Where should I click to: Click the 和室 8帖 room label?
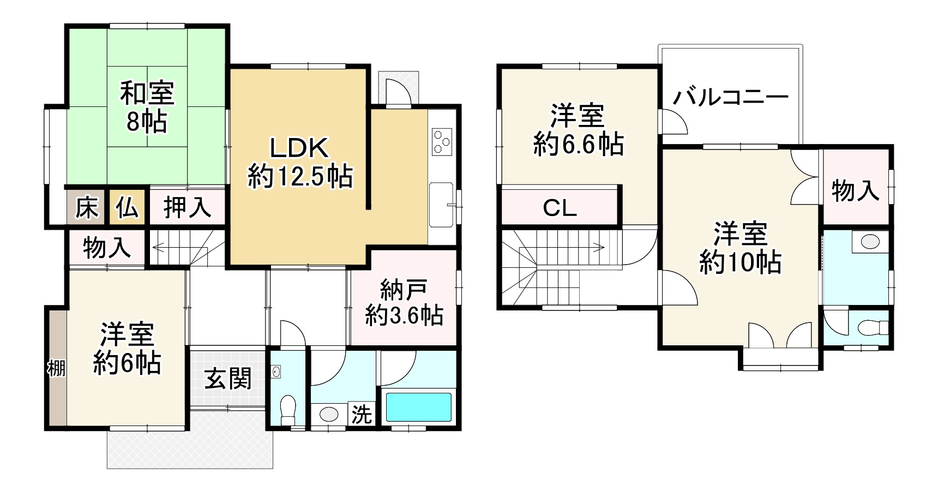(x=147, y=107)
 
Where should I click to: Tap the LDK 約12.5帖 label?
(x=300, y=163)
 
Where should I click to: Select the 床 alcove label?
(x=87, y=207)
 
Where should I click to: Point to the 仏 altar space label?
(x=127, y=207)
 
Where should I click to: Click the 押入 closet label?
(x=187, y=207)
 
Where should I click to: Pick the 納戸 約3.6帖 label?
(x=404, y=303)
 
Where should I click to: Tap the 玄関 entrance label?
(x=228, y=379)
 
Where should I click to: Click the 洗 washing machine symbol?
(x=361, y=415)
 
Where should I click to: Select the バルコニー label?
(x=731, y=98)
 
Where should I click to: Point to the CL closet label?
(x=560, y=208)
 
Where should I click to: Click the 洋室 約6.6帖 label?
(x=578, y=130)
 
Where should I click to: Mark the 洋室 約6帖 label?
(x=127, y=349)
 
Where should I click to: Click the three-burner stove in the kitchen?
(x=441, y=141)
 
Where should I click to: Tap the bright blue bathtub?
(x=419, y=406)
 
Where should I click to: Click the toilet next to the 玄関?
(x=287, y=409)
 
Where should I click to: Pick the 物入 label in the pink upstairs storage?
(x=855, y=190)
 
